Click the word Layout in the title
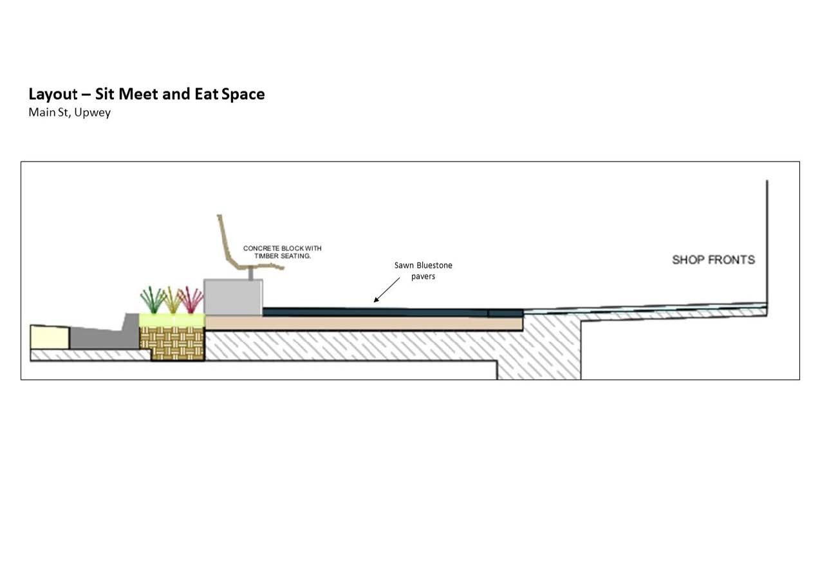pyautogui.click(x=53, y=95)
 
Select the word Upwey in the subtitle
pyautogui.click(x=92, y=113)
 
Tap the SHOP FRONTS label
pyautogui.click(x=713, y=260)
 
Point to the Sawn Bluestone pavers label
pyautogui.click(x=423, y=270)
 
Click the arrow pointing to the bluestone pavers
pyautogui.click(x=387, y=290)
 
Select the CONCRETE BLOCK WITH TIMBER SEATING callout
pyautogui.click(x=283, y=252)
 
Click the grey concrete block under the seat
pyautogui.click(x=233, y=297)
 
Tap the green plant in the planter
pyautogui.click(x=153, y=300)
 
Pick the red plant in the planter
pyautogui.click(x=191, y=300)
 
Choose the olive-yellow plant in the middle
pyautogui.click(x=172, y=300)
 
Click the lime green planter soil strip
pyautogui.click(x=172, y=320)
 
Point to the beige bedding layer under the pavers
pyautogui.click(x=364, y=324)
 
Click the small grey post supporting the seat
pyautogui.click(x=251, y=274)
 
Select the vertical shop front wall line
pyautogui.click(x=767, y=248)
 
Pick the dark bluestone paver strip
pyautogui.click(x=393, y=312)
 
